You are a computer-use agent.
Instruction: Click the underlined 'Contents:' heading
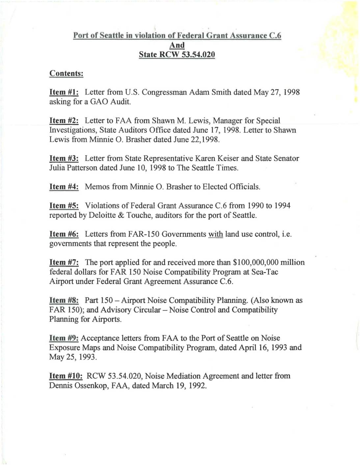66,73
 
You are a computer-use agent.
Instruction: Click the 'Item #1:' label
64,92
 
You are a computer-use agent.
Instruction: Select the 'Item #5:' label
64,206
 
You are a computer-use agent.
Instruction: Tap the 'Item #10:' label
66,376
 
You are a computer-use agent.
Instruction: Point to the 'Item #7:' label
64,262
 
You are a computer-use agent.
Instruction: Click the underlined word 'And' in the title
177,45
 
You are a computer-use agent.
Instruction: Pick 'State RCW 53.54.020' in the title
177,54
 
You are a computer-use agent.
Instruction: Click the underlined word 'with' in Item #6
215,234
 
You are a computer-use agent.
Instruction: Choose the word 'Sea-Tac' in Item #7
264,272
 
